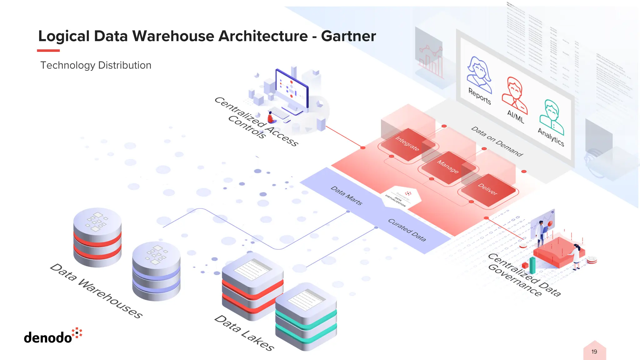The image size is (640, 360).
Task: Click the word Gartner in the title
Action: pos(348,36)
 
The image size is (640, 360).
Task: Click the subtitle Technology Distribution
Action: pos(96,65)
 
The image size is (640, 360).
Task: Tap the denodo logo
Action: pos(52,337)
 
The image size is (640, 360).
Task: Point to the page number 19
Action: pos(594,352)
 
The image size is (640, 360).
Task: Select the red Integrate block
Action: pos(407,144)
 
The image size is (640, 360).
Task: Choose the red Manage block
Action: pos(447,167)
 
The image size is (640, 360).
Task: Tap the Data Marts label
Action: pos(346,196)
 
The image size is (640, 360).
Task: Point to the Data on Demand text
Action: pos(497,142)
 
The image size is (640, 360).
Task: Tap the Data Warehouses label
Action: pos(96,291)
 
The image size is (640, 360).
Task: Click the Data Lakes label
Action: pos(244,333)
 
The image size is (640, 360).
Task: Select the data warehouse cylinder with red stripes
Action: pos(97,237)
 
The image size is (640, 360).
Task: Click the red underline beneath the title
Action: pos(48,50)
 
